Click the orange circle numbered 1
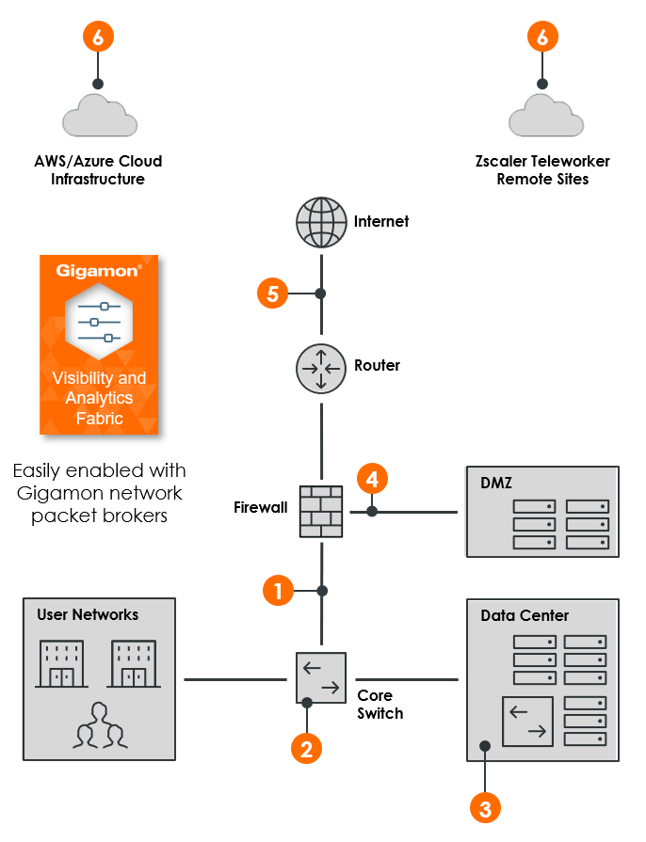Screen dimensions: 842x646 pyautogui.click(x=277, y=591)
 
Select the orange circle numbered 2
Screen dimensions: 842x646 pyautogui.click(x=306, y=748)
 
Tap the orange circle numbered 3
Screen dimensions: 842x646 pyautogui.click(x=484, y=808)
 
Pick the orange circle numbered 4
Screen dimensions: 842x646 pyautogui.click(x=372, y=479)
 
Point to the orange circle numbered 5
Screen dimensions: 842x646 pyautogui.click(x=272, y=294)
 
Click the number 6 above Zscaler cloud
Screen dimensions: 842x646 pyautogui.click(x=541, y=37)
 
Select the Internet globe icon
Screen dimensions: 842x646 pyautogui.click(x=321, y=222)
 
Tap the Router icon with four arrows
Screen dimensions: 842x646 pyautogui.click(x=321, y=367)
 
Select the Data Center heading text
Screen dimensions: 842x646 pyautogui.click(x=525, y=615)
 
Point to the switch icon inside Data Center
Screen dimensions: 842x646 pyautogui.click(x=528, y=721)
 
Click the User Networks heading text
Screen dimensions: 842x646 pyautogui.click(x=88, y=614)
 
